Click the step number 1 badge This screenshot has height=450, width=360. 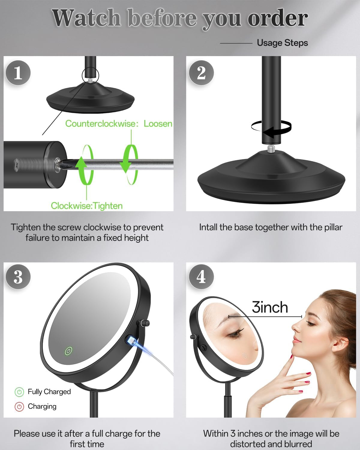point(18,73)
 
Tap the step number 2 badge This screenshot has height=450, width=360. point(201,73)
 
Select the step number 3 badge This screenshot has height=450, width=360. point(18,277)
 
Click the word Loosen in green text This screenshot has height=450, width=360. point(158,124)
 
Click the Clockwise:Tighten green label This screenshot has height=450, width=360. point(87,206)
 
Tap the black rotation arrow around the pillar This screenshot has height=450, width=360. point(271,128)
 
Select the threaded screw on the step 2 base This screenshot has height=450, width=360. point(271,148)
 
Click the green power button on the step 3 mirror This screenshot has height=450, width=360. point(69,351)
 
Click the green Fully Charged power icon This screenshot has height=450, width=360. point(19,392)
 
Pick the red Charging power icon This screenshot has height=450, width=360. point(19,406)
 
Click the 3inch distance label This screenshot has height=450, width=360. point(270,307)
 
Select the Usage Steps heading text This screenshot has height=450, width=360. point(282,43)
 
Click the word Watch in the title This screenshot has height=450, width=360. point(86,18)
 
